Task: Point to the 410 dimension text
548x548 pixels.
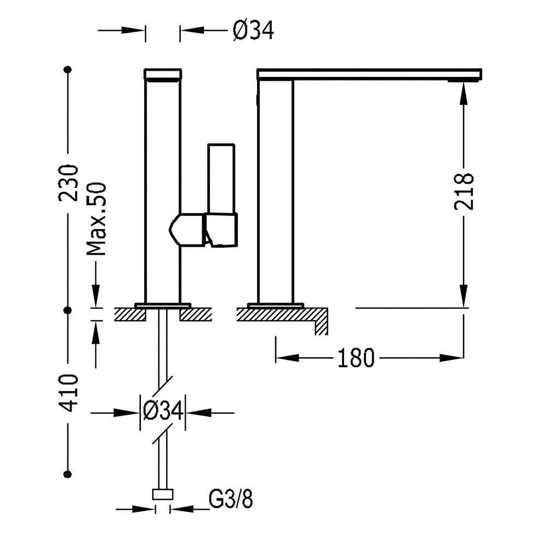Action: click(70, 393)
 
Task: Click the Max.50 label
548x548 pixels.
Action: click(96, 220)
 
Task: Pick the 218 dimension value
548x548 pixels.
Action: click(464, 191)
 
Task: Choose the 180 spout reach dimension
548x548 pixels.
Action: click(355, 358)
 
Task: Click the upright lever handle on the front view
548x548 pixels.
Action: click(221, 178)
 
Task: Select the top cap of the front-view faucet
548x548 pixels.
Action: click(163, 74)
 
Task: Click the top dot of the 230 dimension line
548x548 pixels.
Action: click(68, 70)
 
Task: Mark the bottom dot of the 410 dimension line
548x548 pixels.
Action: click(68, 473)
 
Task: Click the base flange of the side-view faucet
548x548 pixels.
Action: click(275, 305)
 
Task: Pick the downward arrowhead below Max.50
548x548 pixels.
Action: click(96, 296)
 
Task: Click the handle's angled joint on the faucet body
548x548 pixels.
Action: click(186, 230)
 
